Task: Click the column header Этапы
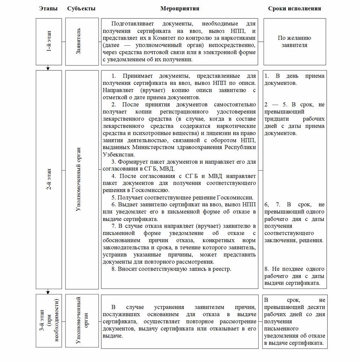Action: [48, 8]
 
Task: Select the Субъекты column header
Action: [81, 8]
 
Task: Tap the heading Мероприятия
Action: [180, 8]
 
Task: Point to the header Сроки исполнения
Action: [294, 8]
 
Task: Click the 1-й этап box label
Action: [49, 42]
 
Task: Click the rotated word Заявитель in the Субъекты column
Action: [79, 42]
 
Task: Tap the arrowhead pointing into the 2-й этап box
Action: [48, 68]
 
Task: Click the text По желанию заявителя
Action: [294, 42]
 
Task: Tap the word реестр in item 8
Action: [221, 269]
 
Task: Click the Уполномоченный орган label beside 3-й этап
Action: [81, 321]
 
